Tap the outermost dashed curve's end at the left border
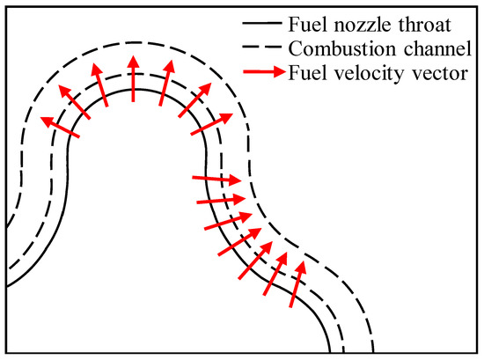(7, 226)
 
